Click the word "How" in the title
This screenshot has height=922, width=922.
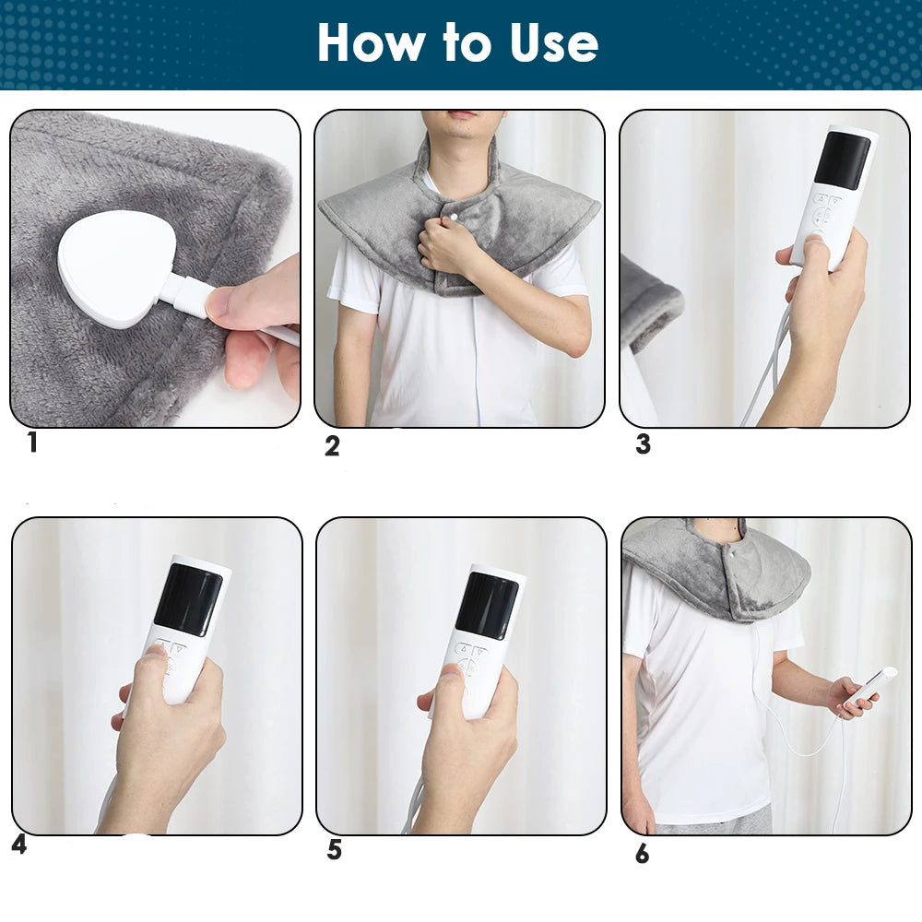(371, 42)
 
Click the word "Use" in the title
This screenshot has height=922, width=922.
(554, 42)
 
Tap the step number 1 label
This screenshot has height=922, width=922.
(32, 443)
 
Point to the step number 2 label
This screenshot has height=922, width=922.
(332, 445)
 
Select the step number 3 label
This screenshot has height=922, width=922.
(644, 444)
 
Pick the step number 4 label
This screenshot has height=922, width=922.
(19, 845)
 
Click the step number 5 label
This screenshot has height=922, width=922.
(335, 850)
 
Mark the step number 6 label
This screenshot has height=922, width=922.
(642, 854)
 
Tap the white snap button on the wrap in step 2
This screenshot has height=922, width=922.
(454, 217)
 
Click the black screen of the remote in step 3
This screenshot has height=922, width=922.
(842, 160)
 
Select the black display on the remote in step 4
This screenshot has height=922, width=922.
(188, 599)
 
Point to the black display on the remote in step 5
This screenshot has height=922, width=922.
(488, 606)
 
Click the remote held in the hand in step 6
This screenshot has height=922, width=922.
(870, 688)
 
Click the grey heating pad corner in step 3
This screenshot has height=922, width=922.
(650, 302)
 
